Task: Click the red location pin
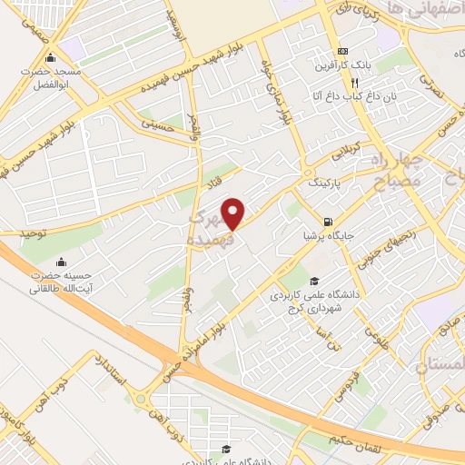(233, 213)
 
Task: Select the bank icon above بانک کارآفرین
(343, 51)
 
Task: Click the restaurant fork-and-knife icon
(343, 81)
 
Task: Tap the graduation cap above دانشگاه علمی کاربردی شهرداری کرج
(314, 281)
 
